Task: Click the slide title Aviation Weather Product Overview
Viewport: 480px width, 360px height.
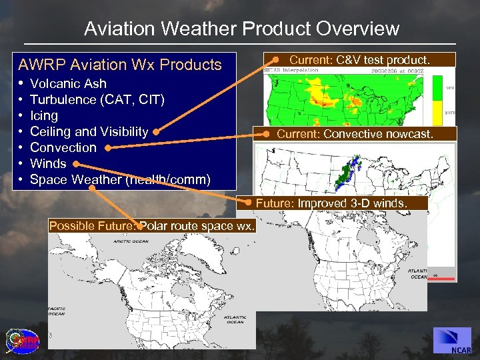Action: pos(241,29)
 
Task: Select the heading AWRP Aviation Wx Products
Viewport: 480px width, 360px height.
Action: pos(119,65)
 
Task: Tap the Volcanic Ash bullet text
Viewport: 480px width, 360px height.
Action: pos(68,83)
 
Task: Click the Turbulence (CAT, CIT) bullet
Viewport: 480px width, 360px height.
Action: pos(97,99)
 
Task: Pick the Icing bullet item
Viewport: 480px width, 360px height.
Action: pos(44,115)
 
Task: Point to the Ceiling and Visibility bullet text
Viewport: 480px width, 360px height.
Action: pos(89,131)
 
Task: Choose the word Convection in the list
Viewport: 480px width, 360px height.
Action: pos(63,147)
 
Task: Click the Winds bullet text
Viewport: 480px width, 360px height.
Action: pos(48,163)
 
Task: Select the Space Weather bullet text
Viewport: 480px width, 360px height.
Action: pos(120,179)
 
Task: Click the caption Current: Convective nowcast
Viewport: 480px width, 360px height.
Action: pos(355,134)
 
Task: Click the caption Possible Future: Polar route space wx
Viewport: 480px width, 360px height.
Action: pos(152,225)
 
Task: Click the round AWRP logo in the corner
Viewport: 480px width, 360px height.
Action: pos(22,341)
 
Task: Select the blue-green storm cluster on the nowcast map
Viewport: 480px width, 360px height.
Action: pos(345,173)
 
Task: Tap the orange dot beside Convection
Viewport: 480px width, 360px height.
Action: pos(106,148)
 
